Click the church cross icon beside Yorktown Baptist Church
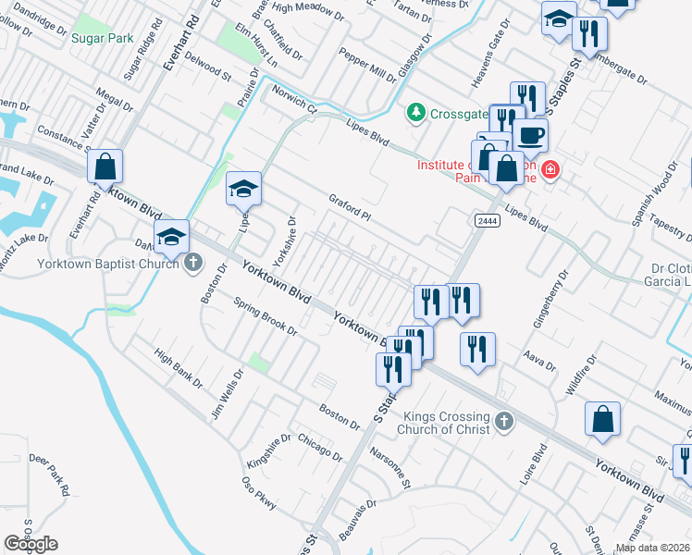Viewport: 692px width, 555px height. point(193,263)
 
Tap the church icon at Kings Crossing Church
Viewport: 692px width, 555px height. point(503,422)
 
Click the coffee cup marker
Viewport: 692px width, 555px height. point(530,135)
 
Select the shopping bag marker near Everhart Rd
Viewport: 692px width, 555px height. point(105,167)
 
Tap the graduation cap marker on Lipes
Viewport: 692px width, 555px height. point(243,190)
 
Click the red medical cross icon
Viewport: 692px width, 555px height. point(550,169)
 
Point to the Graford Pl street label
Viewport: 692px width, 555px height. point(350,207)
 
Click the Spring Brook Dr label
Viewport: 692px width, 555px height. point(266,316)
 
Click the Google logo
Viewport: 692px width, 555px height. point(31,544)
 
